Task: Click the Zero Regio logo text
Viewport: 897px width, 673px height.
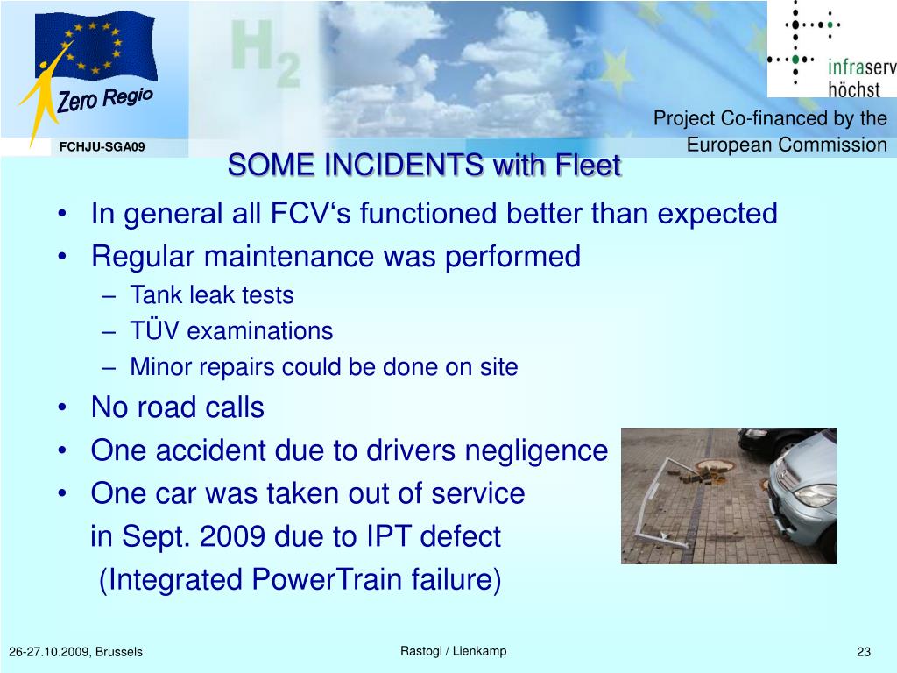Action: coord(105,99)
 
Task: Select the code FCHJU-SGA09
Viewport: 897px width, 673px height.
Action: coord(102,147)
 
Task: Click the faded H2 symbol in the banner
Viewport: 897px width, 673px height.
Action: coord(265,53)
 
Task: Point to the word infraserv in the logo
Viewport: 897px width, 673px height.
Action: coord(862,67)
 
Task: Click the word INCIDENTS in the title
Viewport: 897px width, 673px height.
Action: coord(404,166)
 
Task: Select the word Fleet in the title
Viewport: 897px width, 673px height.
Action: coord(588,166)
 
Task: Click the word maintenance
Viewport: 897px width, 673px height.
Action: coord(289,257)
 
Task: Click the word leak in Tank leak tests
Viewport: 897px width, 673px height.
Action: coord(212,295)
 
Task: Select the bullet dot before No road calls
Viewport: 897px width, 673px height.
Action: coord(62,408)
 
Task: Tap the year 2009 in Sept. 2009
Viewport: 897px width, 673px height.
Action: coord(232,537)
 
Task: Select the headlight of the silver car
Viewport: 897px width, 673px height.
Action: coord(815,495)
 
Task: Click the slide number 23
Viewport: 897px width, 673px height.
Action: coord(864,652)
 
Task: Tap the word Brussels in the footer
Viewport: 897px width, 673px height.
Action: coord(119,652)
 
